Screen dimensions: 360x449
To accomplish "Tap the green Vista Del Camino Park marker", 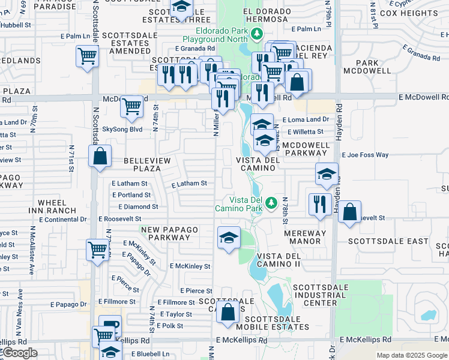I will pos(271,202).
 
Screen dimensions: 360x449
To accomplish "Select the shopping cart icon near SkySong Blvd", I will pos(131,107).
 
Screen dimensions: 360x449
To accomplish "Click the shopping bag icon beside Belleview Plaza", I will pos(100,156).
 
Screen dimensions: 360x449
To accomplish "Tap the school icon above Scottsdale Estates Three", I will pos(181,8).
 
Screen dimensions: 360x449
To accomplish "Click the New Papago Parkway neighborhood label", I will pos(165,233).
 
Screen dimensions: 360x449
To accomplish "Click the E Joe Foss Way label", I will pos(365,155).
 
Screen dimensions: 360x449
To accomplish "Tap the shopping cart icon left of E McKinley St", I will pos(97,249).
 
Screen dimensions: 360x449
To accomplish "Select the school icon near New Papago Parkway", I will pos(229,238).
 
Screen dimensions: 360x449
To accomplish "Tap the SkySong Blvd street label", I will pos(122,129).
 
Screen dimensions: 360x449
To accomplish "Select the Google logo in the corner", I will pos(19,353).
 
